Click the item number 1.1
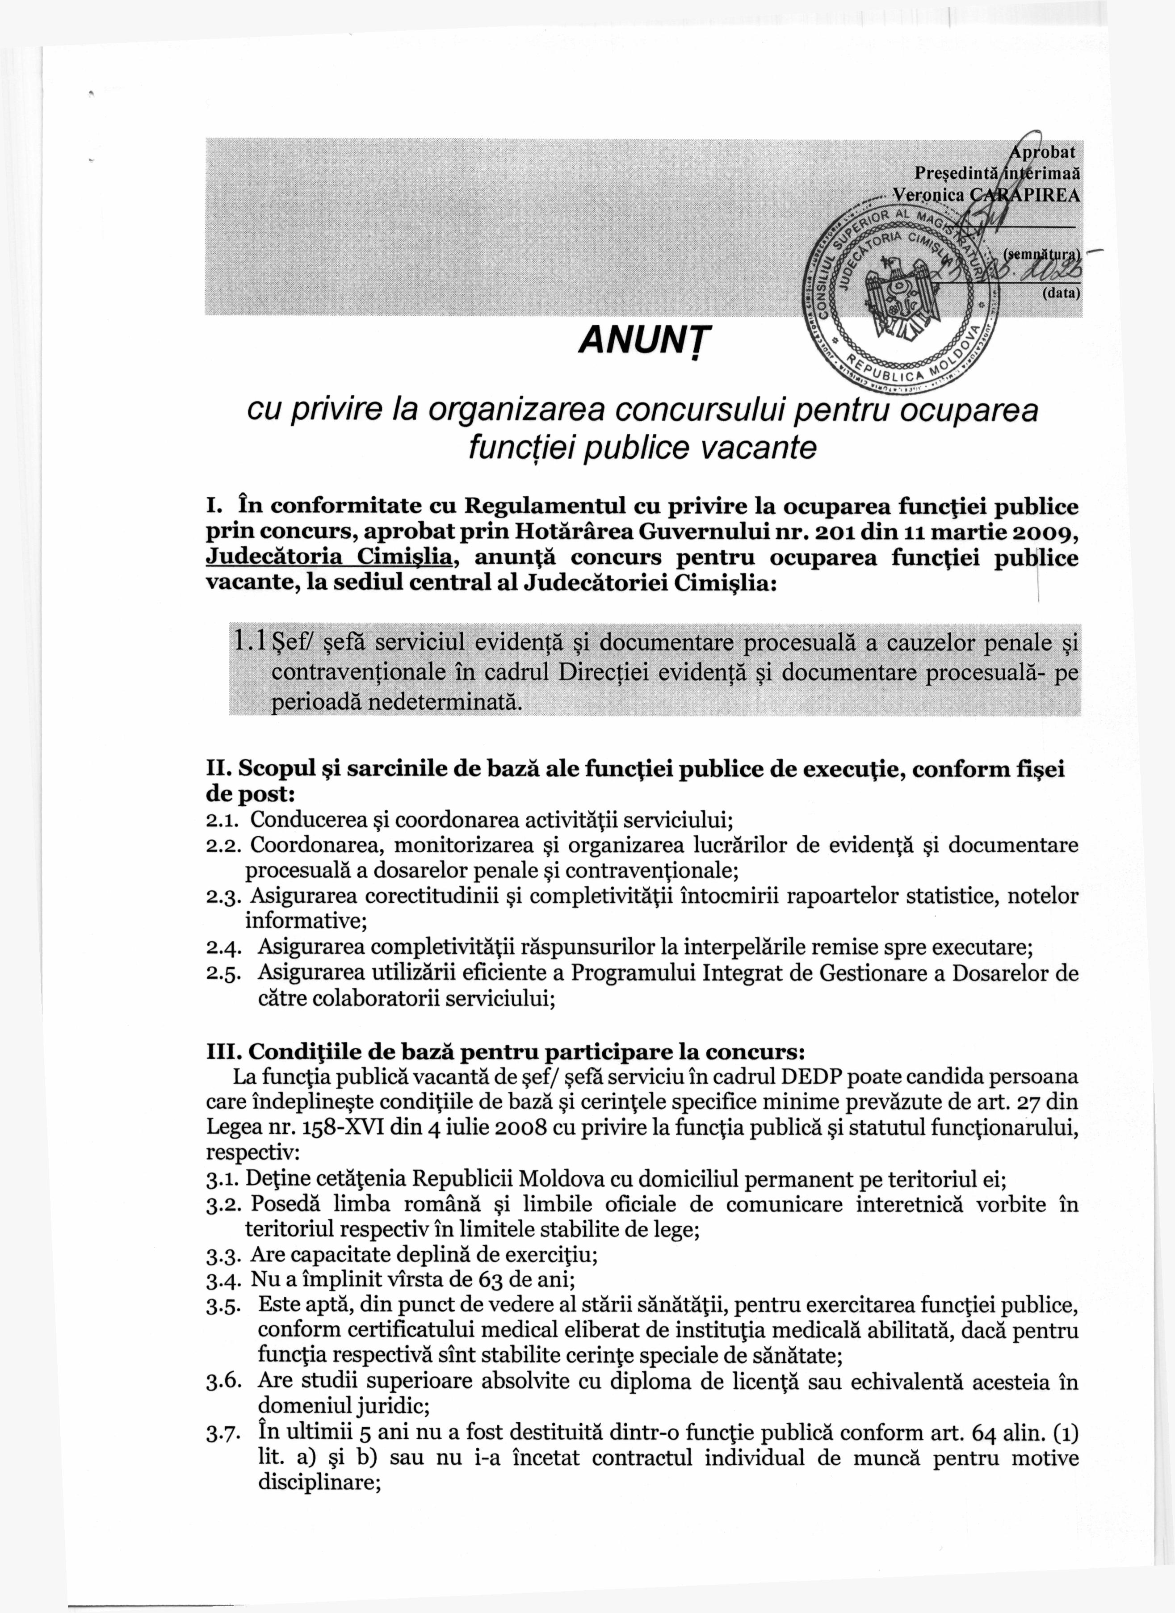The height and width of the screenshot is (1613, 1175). pos(251,642)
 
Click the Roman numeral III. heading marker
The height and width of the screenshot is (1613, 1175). pos(221,1051)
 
